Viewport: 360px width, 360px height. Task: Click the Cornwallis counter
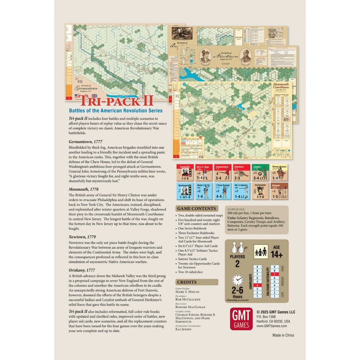[x=185, y=173]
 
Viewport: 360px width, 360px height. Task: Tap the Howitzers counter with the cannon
[x=241, y=173]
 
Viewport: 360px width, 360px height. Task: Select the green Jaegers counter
[x=260, y=173]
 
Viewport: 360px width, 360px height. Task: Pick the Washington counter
[x=185, y=192]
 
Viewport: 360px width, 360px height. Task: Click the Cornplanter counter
[x=260, y=192]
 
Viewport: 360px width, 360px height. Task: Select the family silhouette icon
[x=260, y=251]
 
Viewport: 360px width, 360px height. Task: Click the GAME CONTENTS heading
[x=196, y=208]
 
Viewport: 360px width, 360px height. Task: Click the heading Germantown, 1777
[x=85, y=141]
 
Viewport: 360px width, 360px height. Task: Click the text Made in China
[x=283, y=335]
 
